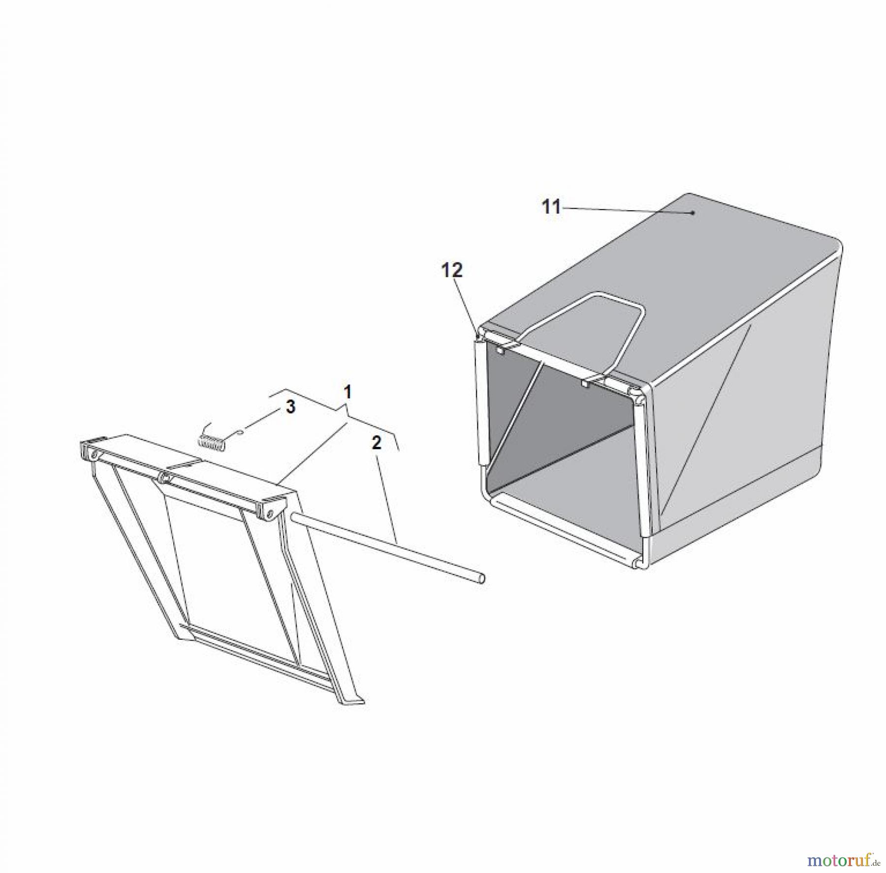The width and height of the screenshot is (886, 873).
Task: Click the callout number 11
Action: pos(551,207)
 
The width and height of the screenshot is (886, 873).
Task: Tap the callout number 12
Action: pos(452,270)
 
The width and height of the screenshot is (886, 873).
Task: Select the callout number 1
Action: pos(348,392)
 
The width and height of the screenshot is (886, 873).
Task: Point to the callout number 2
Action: pos(376,443)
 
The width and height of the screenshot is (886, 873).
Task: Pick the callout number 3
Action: pos(290,406)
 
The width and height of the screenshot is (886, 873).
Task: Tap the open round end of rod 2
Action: pos(482,579)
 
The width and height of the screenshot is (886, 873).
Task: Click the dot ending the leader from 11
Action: pos(693,213)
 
